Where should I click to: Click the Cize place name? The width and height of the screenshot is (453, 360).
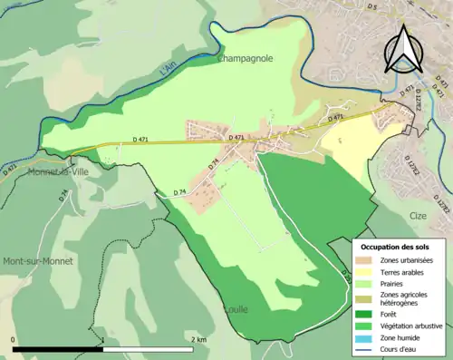click(418, 217)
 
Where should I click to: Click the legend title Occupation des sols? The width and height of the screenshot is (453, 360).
click(395, 247)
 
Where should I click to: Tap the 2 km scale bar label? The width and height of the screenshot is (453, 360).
click(198, 339)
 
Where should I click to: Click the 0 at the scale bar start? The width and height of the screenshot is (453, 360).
click(14, 339)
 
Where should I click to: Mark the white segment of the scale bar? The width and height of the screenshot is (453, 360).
click(149, 348)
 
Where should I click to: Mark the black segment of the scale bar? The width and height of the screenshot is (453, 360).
click(58, 348)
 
